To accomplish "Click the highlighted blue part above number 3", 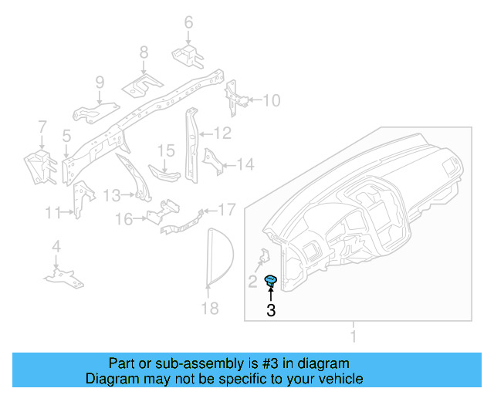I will coord(271,281).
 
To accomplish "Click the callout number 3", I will coord(270,312).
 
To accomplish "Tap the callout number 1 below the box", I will coord(354,337).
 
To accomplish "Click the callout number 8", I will coord(144,52).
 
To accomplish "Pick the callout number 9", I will coord(100,83).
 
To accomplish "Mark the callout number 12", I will coord(222,133).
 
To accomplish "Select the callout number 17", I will coord(226,209).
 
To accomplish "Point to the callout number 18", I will coord(209,309).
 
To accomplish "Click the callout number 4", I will coord(56,247).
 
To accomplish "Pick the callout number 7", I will coord(42,127).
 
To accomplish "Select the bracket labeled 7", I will coord(37,166).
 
